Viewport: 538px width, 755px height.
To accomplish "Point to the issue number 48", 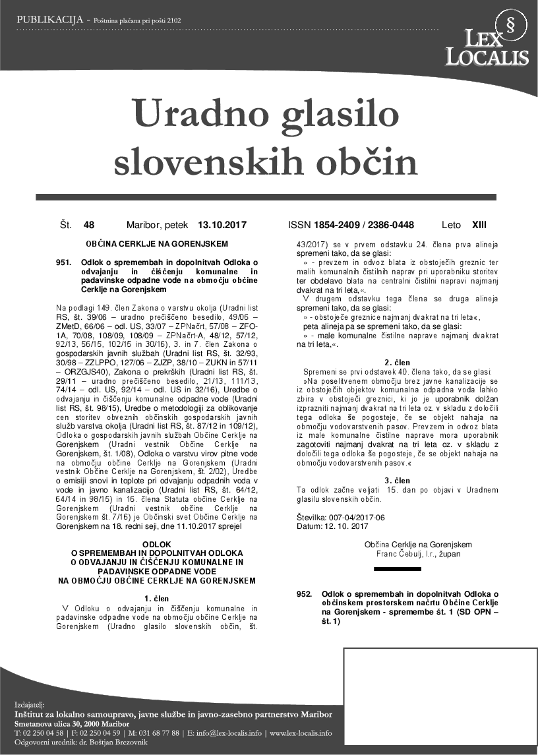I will coord(89,225).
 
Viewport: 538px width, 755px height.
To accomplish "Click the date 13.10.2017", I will coord(222,225).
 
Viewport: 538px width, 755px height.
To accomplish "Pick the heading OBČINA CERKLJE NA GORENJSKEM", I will coord(157,244).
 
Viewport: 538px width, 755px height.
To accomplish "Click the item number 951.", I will coord(64,262).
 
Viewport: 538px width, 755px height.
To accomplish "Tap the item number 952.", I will coord(304,595).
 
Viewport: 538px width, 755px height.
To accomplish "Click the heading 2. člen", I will coord(398,362).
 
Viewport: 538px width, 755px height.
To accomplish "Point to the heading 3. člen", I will coord(398,479).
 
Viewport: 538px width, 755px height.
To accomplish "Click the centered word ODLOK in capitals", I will coord(157,543).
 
